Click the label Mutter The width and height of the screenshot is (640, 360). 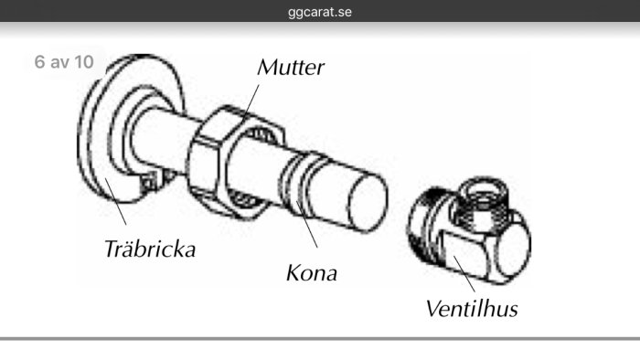click(291, 68)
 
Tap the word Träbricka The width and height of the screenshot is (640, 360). click(150, 249)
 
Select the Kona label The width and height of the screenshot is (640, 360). click(312, 273)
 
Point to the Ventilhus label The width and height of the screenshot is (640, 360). click(472, 309)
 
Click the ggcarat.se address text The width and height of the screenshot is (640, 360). click(320, 11)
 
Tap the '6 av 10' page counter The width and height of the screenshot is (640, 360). click(64, 62)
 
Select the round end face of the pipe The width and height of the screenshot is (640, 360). click(367, 203)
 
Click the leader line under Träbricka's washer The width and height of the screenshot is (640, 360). click(115, 201)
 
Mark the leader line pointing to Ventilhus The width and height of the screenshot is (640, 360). click(464, 274)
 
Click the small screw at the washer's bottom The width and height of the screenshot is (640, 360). click(148, 183)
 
